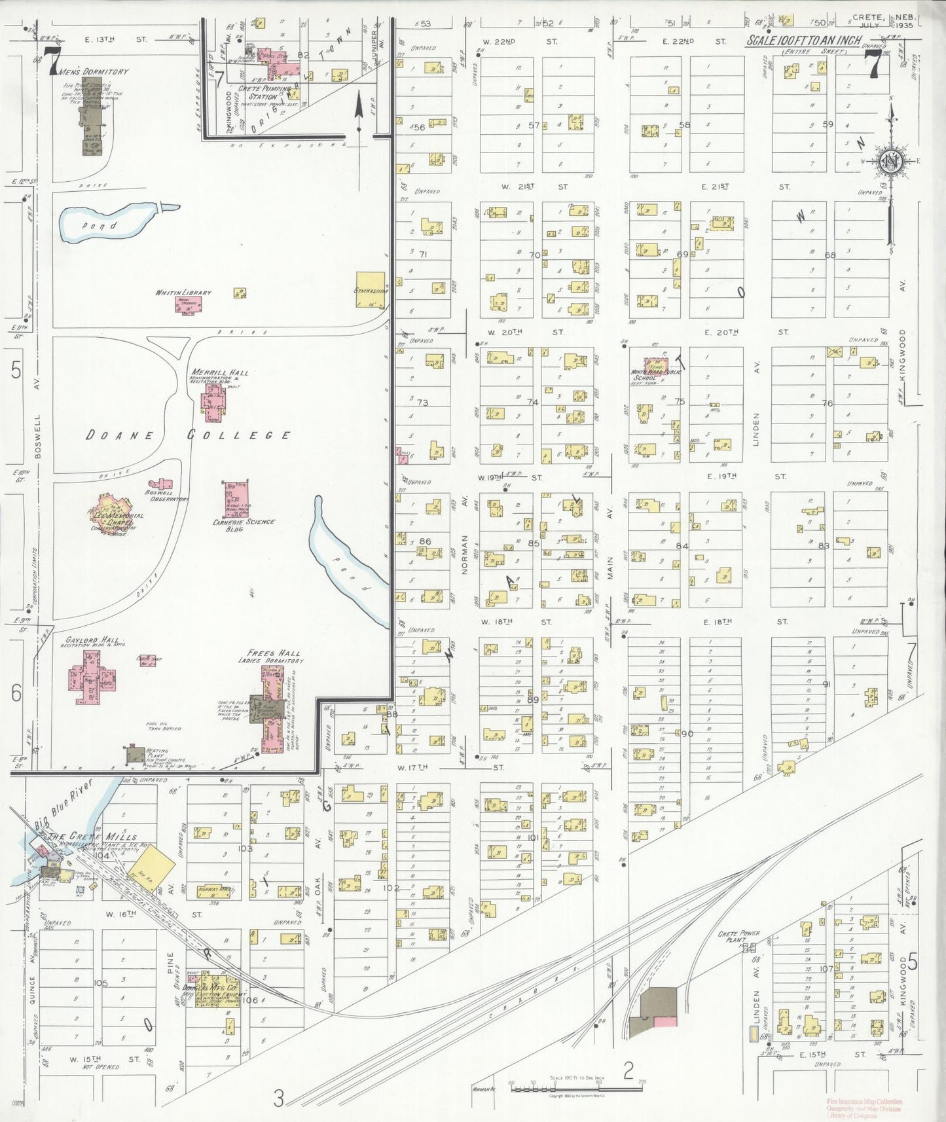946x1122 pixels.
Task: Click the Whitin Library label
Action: coord(183,293)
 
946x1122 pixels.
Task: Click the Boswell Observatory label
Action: coord(167,496)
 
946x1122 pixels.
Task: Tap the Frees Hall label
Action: coord(274,653)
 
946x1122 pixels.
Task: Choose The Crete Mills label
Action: coord(93,836)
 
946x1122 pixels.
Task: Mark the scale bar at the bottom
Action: coord(576,1088)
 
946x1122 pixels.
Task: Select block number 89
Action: coord(532,700)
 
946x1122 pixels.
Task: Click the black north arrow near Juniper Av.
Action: coord(359,115)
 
